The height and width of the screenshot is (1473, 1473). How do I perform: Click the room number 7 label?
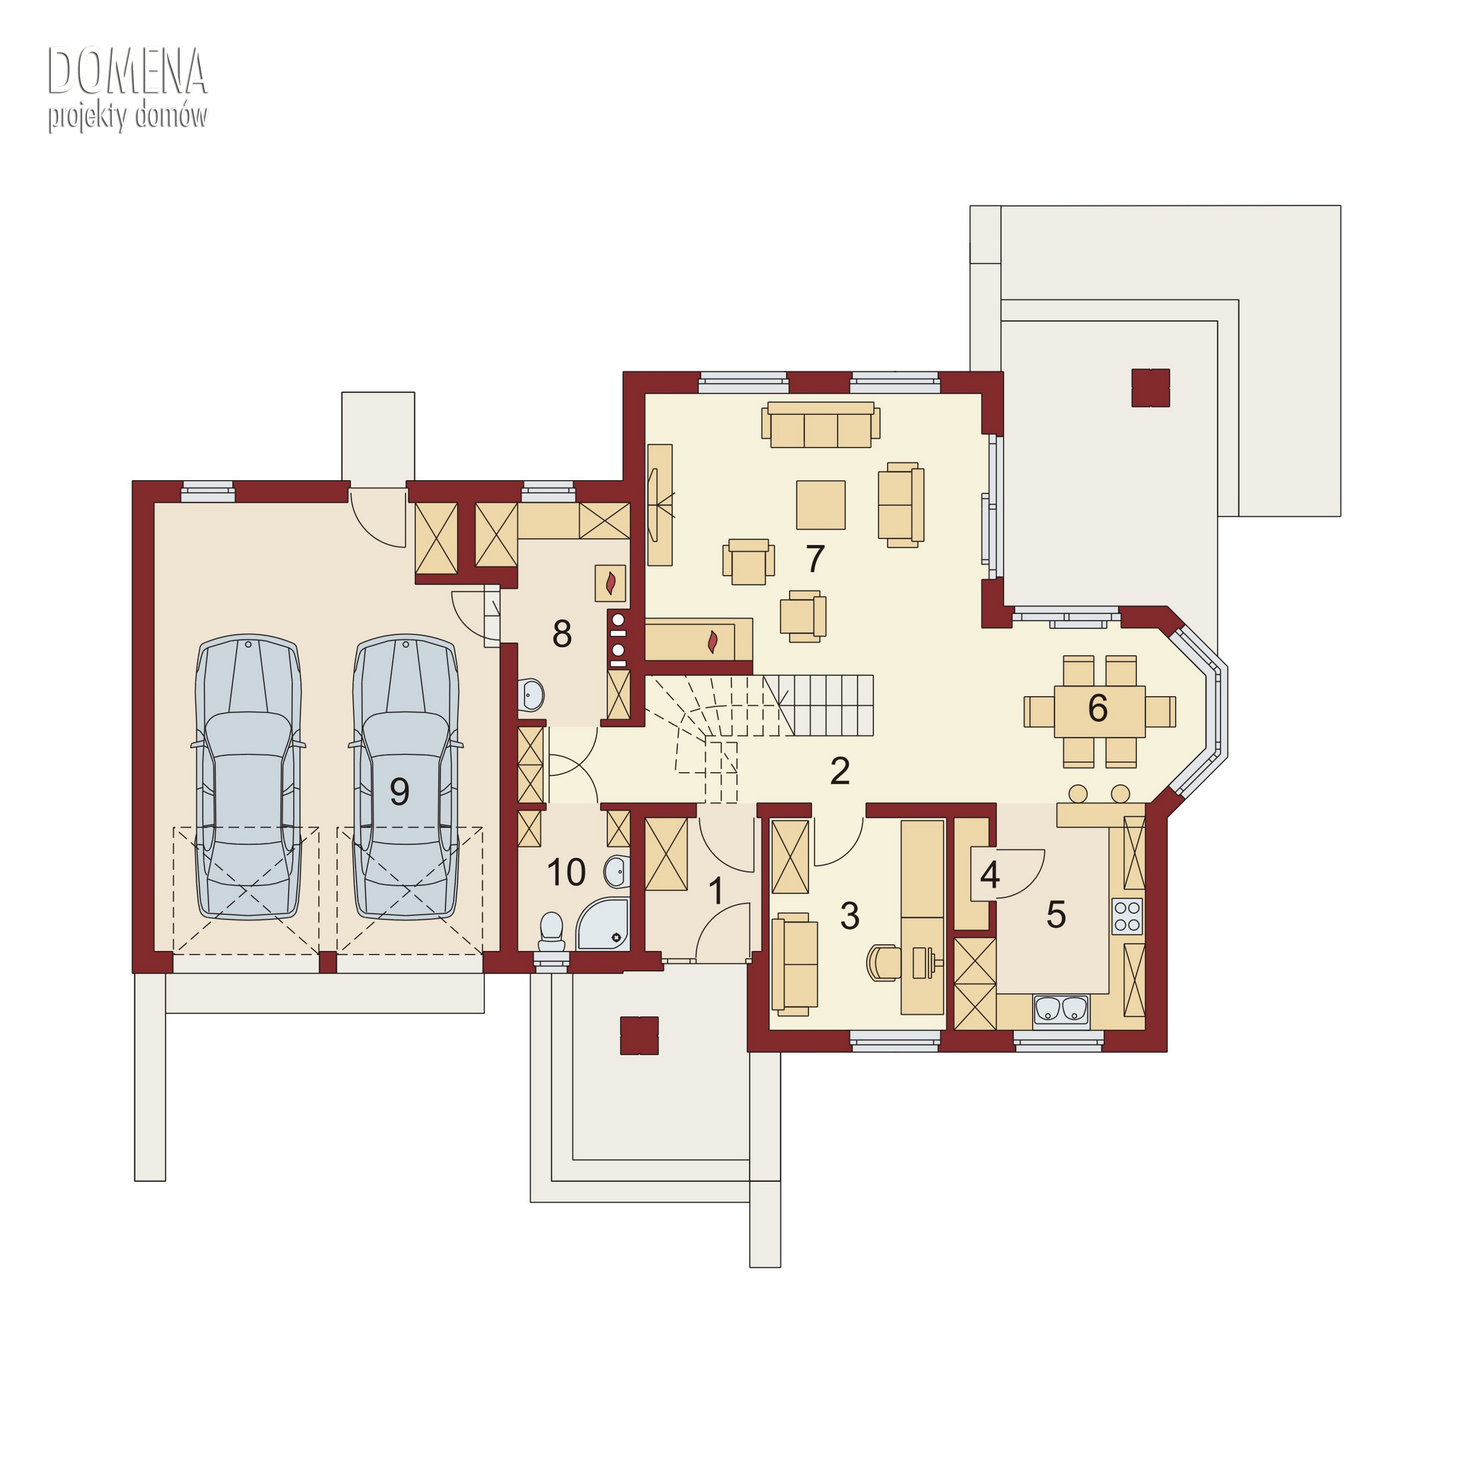815,559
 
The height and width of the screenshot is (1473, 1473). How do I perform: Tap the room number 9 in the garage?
400,792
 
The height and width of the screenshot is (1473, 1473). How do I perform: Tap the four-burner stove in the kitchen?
1127,916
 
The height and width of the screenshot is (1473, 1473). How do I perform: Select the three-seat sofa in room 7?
820,425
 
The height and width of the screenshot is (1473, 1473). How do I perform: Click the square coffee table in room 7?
820,505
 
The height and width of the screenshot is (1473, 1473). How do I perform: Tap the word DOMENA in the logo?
127,73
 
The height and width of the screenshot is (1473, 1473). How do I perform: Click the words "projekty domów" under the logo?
127,117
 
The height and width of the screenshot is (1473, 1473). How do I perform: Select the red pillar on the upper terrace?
1150,387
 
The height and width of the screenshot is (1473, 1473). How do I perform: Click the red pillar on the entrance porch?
639,1036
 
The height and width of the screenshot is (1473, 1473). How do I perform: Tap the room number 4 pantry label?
990,874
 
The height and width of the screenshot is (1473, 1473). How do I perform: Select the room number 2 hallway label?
840,771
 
